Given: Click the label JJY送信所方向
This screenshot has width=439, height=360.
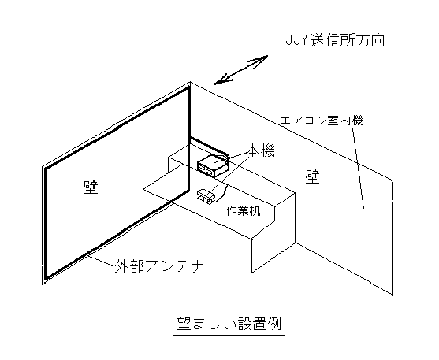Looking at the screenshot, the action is coord(335,41).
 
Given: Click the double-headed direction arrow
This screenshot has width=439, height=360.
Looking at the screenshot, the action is coord(241,69).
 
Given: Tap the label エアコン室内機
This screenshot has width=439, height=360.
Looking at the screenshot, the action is coord(322,121).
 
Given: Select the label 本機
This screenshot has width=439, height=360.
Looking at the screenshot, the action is coord(260,150).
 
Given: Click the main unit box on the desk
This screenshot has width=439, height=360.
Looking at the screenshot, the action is coord(214,166).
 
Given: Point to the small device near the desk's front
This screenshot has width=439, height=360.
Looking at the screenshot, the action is coord(206,196).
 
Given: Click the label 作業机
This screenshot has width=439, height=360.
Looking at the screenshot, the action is coord(243,210).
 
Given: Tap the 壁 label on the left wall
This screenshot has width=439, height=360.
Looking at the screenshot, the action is coord(91,187).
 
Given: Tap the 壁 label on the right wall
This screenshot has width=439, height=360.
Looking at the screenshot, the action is coord(312,176).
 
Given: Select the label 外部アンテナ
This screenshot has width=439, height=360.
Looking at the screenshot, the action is coord(158,266).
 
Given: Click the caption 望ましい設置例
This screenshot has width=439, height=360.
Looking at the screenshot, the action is coord(229,324).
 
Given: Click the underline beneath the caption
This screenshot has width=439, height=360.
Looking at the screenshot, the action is coord(229,335).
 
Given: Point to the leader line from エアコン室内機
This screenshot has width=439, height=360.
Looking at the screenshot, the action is coord(358,168).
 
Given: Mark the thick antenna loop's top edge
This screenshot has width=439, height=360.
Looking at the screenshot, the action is coord(117,128).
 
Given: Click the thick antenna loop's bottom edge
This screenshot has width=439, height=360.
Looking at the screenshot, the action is coord(117,235).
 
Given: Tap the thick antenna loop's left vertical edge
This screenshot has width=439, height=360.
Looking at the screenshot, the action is coord(45,224).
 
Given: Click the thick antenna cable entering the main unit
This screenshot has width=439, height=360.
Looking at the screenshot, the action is coord(210,147).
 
